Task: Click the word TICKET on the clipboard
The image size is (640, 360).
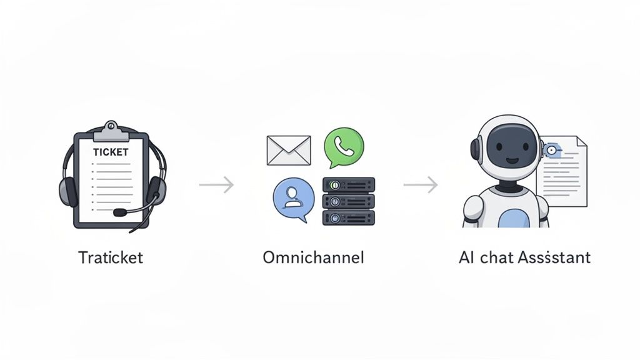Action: point(110,152)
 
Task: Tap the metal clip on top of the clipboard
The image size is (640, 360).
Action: point(111,127)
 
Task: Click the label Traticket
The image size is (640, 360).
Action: point(111,257)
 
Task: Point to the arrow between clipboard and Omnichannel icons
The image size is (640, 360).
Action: point(216,184)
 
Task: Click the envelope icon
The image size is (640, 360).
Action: point(289,151)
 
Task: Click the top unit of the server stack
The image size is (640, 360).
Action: point(348,184)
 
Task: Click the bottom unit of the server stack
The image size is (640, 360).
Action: point(348,217)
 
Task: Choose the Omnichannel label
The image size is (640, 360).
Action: point(313,257)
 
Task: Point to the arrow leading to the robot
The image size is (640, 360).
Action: point(420,184)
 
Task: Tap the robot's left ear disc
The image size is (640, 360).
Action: point(476,148)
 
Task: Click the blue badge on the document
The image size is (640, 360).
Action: point(551,149)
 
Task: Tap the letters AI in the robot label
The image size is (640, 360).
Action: point(466,257)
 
